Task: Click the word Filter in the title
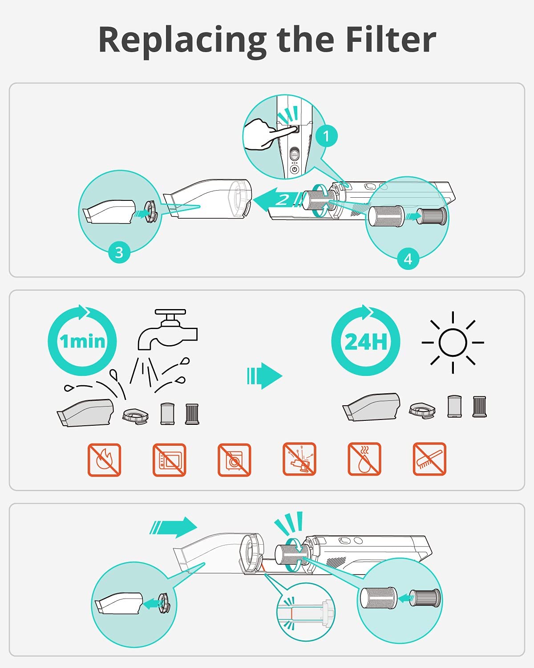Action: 391,40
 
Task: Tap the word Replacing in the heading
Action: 182,42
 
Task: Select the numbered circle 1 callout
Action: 326,136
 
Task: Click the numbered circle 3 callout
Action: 119,252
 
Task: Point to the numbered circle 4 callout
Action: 409,259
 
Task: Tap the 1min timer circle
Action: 82,340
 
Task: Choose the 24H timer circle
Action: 366,340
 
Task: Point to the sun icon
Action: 453,342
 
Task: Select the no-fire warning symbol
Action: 104,460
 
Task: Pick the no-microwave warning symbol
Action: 170,460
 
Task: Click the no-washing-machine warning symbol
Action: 234,460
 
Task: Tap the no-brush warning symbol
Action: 429,459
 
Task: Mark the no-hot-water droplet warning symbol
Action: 364,459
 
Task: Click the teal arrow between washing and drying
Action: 264,375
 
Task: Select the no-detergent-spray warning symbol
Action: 299,459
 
